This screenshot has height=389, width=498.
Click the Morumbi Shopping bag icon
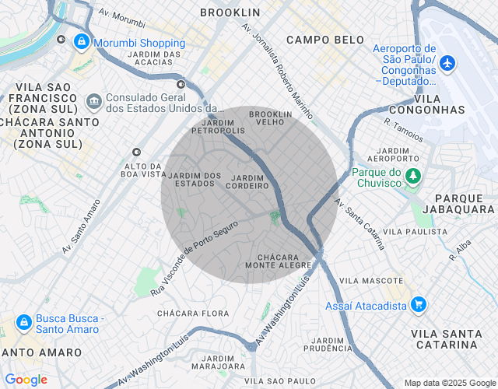(81, 43)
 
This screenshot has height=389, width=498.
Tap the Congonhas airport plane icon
(447, 61)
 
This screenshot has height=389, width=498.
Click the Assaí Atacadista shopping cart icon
(419, 305)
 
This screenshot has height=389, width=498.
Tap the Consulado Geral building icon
(94, 103)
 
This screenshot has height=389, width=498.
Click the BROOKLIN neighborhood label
(230, 12)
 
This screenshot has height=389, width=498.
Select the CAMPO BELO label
(324, 40)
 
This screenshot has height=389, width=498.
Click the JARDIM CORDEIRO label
(247, 181)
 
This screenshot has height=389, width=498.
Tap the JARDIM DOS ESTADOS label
(195, 179)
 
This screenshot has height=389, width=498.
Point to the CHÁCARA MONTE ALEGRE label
(278, 261)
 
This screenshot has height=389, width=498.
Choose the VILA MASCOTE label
(371, 280)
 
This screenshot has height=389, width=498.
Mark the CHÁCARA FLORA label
(193, 314)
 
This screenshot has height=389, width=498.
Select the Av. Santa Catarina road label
(360, 223)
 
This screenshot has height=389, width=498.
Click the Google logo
(26, 380)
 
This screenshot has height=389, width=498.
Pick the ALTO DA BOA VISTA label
(142, 170)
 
